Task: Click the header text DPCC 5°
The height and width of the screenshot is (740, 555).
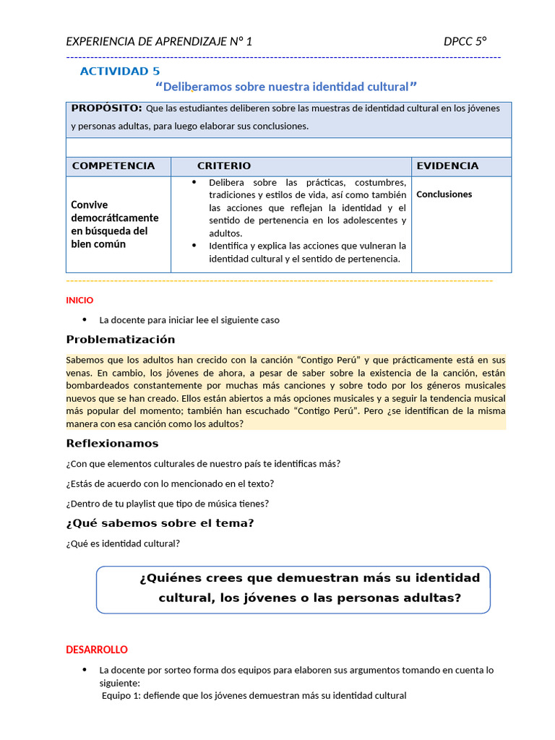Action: [x=465, y=41]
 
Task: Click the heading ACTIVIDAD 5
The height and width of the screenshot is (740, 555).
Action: [x=120, y=71]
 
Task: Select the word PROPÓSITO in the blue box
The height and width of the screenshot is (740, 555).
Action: [x=106, y=108]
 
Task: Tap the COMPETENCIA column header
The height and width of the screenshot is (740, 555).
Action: [x=113, y=166]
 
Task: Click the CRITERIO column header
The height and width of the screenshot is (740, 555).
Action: [x=224, y=166]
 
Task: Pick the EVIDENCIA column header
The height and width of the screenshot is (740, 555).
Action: [x=447, y=166]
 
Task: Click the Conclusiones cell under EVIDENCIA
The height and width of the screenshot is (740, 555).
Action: [x=444, y=194]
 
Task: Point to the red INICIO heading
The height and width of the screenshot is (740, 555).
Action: [x=79, y=300]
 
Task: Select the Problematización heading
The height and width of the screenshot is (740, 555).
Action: [x=120, y=340]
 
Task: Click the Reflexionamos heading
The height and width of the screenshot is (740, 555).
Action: [x=112, y=444]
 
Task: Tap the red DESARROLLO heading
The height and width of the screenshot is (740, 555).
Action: [x=97, y=650]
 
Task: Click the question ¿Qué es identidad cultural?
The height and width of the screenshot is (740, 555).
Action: [x=123, y=543]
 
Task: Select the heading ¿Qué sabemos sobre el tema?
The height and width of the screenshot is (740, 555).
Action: [x=160, y=523]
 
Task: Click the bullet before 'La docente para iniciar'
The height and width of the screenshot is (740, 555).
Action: [x=85, y=319]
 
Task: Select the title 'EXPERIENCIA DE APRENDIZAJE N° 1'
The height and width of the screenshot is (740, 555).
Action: [x=159, y=41]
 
